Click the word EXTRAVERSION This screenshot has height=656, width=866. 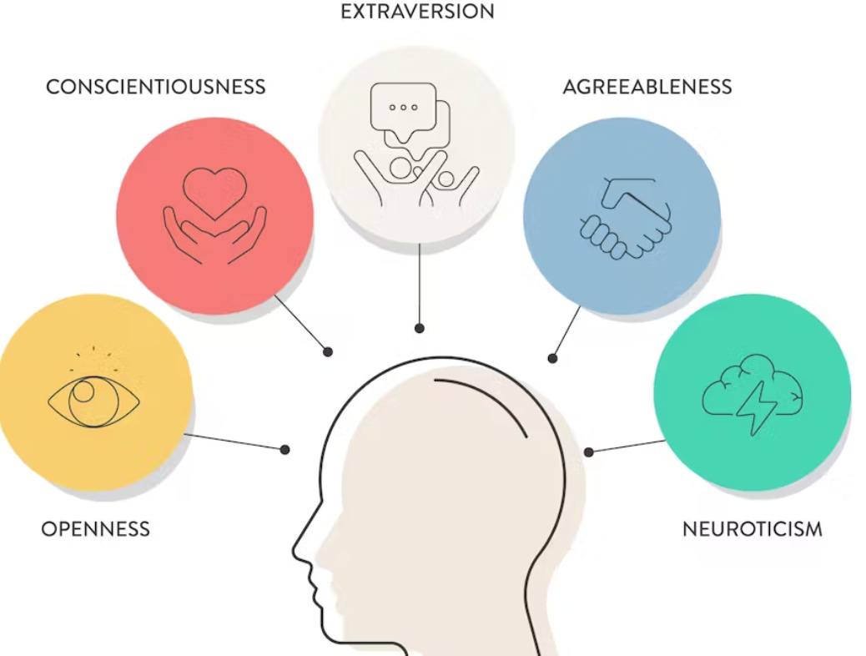point(417,12)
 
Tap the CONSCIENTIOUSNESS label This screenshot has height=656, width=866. point(156,87)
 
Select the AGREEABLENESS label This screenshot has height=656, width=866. point(647,87)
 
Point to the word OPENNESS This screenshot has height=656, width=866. point(96,529)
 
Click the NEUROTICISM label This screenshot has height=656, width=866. point(753,529)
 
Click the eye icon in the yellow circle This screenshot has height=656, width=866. point(93,402)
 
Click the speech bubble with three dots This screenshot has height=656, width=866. point(404,107)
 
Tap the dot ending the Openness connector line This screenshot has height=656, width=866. point(285,450)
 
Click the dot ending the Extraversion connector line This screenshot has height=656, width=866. point(420,329)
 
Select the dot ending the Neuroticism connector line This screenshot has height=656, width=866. point(589,452)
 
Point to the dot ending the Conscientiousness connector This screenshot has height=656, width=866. point(329,352)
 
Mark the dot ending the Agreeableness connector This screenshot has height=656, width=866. point(552,359)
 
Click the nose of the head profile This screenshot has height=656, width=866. point(298,551)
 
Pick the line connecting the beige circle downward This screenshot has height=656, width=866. point(420,284)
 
